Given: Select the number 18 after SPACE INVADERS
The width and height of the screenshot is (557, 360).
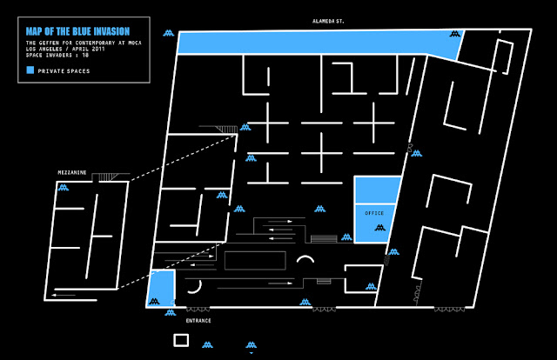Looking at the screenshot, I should click(85, 55).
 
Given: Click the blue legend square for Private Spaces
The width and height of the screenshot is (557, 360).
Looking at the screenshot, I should click(30, 70).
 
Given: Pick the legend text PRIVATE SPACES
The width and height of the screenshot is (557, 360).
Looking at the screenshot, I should click(60, 70).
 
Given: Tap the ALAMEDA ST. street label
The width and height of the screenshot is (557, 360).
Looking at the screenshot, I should click(330, 20).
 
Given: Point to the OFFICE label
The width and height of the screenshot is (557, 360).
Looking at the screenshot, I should click(374, 212).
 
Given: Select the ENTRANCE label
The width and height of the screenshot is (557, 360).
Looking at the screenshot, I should click(198, 321).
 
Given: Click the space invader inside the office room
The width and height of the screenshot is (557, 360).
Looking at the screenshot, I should click(379, 228).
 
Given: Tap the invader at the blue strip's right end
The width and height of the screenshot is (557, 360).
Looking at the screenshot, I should click(454, 36).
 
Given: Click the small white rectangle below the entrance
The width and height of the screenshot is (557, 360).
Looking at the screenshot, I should click(181, 340).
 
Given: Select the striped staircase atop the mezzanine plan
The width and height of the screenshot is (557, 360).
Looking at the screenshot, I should click(107, 178).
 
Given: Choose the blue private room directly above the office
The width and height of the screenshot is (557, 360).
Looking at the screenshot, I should click(377, 189).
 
